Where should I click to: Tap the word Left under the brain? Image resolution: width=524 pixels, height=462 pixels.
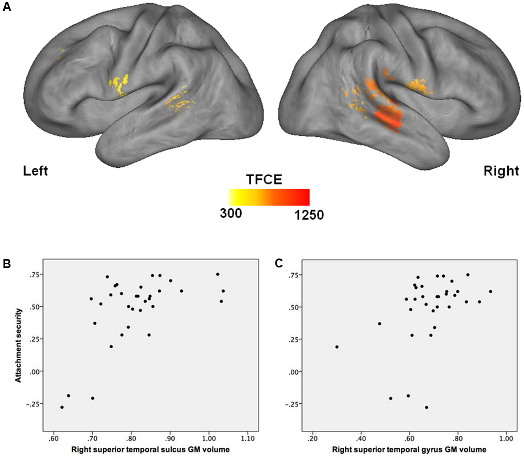35,171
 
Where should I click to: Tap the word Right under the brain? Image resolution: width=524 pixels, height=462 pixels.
501,171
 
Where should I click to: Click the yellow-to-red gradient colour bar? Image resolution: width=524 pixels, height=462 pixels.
269,197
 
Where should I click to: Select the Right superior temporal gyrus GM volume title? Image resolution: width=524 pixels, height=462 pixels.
409,449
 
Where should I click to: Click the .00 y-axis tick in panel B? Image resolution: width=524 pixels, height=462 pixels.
35,371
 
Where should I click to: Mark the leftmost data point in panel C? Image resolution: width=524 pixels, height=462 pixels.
337,347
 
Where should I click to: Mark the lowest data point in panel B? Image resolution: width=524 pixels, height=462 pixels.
62,407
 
